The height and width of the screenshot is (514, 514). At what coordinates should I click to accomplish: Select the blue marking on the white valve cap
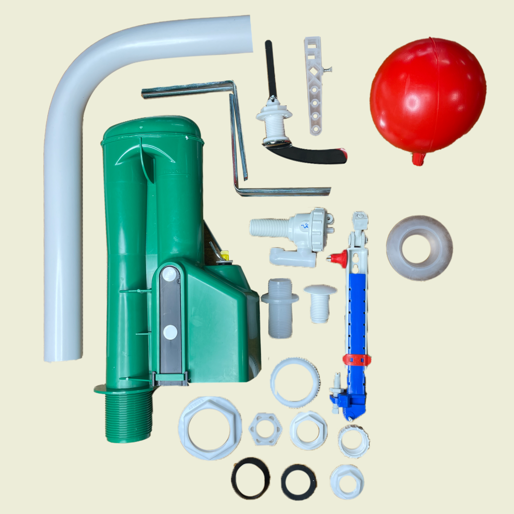(x=305, y=226)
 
